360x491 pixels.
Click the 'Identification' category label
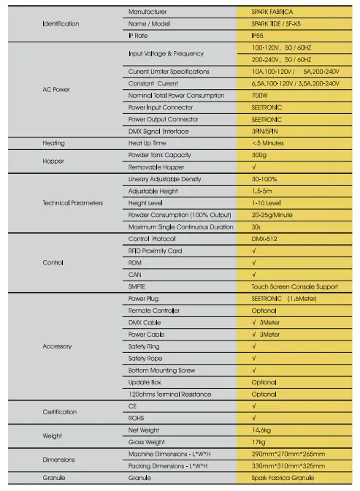point(61,24)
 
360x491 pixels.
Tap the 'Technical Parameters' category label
point(73,202)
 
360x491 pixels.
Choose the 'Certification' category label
point(59,412)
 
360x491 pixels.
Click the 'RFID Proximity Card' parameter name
point(155,251)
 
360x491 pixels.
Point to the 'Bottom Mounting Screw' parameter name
point(161,370)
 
